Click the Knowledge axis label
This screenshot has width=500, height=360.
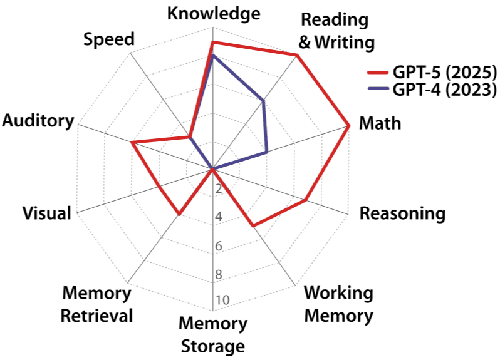pyautogui.click(x=214, y=14)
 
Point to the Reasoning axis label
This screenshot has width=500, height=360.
pyautogui.click(x=402, y=213)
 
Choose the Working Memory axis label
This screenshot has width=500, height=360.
pyautogui.click(x=338, y=304)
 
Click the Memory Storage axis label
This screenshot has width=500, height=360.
pyautogui.click(x=213, y=335)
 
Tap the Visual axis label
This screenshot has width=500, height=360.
pyautogui.click(x=46, y=213)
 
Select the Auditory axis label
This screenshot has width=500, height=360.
pyautogui.click(x=38, y=121)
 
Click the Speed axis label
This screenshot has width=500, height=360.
pyautogui.click(x=109, y=39)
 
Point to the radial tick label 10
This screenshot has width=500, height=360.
pyautogui.click(x=222, y=301)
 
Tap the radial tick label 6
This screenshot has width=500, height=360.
pyautogui.click(x=219, y=246)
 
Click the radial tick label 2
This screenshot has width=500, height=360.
pyautogui.click(x=219, y=190)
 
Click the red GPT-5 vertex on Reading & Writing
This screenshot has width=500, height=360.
pyautogui.click(x=297, y=56)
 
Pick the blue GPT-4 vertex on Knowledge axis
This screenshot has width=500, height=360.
pyautogui.click(x=213, y=56)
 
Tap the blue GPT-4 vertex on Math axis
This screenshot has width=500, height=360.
pyautogui.click(x=267, y=152)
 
